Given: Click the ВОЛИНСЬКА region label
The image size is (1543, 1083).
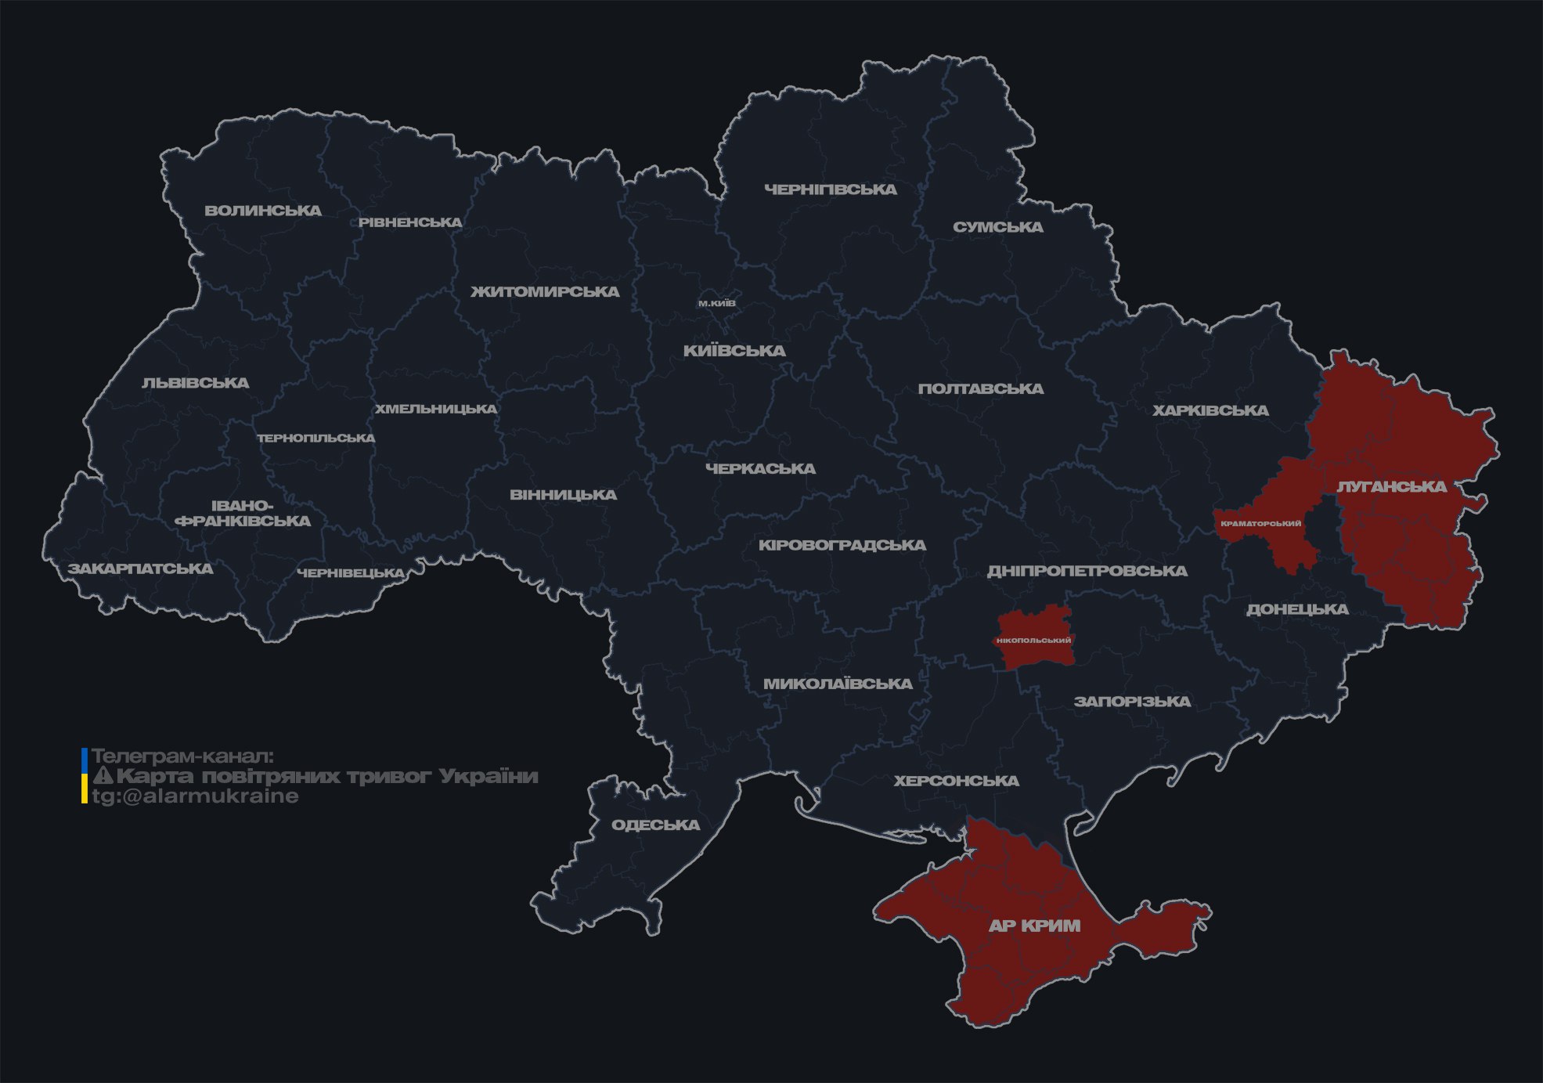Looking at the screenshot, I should [x=263, y=211].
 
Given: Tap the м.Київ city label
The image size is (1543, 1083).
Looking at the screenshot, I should [x=717, y=303].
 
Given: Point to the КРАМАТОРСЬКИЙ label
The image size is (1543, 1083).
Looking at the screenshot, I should [x=1260, y=524].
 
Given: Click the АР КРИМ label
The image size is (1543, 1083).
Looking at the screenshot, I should [x=1034, y=926].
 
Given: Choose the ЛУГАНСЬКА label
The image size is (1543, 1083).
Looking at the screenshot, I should [x=1392, y=486].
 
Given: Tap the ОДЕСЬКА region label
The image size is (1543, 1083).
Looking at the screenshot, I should [x=655, y=825].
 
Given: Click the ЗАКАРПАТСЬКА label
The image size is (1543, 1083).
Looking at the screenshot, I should [x=140, y=569].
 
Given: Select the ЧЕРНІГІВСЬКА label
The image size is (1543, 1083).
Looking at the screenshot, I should [x=830, y=190].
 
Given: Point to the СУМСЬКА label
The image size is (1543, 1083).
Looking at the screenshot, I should [x=997, y=227].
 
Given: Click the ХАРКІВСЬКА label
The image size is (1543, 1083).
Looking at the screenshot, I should [x=1210, y=410].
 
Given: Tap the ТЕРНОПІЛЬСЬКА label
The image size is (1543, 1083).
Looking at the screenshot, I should [x=316, y=438].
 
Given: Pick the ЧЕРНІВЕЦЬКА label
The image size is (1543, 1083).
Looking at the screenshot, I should [x=351, y=573].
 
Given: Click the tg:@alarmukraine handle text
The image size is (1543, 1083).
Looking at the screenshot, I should [x=195, y=796].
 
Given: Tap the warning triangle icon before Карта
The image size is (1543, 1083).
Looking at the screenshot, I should [x=103, y=776].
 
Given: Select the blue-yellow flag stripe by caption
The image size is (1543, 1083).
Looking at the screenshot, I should [x=85, y=776].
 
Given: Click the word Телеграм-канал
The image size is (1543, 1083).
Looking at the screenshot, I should [x=182, y=756].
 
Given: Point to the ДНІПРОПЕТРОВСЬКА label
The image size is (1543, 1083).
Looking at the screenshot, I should [x=1087, y=571].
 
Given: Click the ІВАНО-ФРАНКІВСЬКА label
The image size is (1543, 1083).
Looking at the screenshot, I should [x=243, y=513].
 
